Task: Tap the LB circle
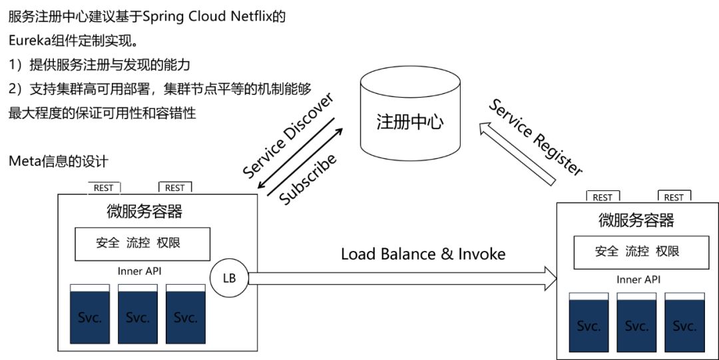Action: tap(228, 277)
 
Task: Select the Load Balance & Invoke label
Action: tap(423, 254)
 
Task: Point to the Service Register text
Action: tap(536, 137)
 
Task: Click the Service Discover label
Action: tap(287, 136)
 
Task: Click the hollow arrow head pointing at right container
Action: tap(550, 278)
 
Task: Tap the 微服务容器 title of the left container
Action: tap(144, 212)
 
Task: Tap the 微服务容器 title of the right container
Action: tap(636, 220)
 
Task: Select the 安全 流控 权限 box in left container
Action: tap(138, 244)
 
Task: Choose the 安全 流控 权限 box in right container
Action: tap(637, 252)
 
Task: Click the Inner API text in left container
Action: tap(139, 271)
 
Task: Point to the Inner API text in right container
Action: tap(638, 280)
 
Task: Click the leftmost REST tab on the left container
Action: tap(103, 188)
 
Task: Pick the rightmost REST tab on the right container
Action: tap(674, 198)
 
